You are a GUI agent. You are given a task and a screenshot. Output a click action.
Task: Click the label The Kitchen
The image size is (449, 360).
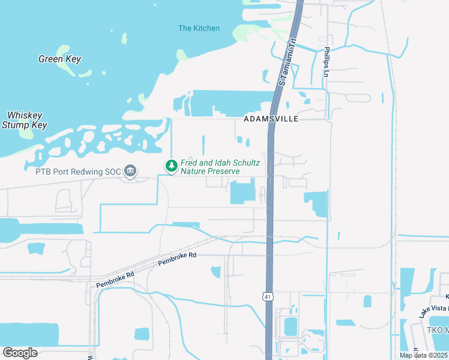click(x=199, y=28)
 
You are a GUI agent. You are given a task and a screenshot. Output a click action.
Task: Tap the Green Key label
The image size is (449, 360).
click(x=59, y=59)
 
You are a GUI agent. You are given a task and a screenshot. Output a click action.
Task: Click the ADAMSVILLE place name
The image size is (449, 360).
click(x=271, y=119)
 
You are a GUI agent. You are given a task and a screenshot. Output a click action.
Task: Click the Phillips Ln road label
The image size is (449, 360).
click(x=327, y=62)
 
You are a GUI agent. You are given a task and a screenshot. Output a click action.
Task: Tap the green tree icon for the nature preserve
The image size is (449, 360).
click(x=171, y=165)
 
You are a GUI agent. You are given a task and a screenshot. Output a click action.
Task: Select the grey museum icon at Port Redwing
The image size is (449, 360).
click(x=130, y=172)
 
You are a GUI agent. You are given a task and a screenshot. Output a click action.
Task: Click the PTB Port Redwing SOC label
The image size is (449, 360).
click(x=78, y=172)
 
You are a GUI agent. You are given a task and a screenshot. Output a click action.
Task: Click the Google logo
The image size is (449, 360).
click(x=20, y=352)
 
